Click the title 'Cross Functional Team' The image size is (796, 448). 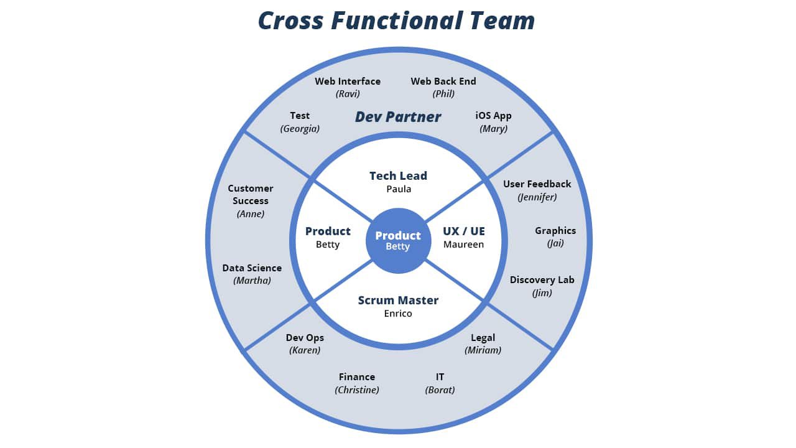click(x=397, y=21)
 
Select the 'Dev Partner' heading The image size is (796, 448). click(x=398, y=117)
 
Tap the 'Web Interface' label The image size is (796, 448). click(x=348, y=81)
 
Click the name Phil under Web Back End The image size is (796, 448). click(x=443, y=94)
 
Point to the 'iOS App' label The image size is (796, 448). click(x=493, y=115)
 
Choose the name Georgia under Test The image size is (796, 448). click(x=300, y=129)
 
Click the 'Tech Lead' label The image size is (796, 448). click(x=398, y=175)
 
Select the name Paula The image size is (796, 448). click(x=398, y=189)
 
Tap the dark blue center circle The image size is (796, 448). click(x=398, y=241)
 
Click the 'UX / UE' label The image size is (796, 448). click(x=464, y=231)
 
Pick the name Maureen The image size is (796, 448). click(x=463, y=245)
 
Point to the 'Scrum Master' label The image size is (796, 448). click(x=398, y=300)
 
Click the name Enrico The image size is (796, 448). click(x=398, y=314)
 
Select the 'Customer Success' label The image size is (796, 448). click(x=251, y=194)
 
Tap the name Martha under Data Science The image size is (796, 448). click(x=252, y=281)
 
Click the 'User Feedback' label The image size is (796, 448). click(x=537, y=184)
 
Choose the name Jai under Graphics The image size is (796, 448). click(x=555, y=243)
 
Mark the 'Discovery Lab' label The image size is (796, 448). click(x=542, y=279)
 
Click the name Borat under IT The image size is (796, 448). click(x=440, y=390)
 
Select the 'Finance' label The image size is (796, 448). click(x=357, y=376)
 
